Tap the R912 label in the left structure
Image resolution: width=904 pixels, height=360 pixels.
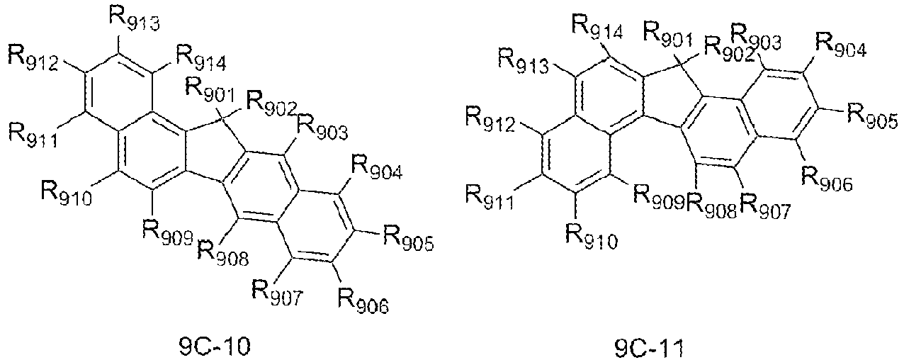(33, 59)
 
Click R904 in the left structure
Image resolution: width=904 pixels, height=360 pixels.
(377, 167)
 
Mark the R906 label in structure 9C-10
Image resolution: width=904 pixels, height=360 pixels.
(363, 300)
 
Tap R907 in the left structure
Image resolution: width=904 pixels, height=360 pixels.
(277, 292)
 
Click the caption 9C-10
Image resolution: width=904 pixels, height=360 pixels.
(215, 347)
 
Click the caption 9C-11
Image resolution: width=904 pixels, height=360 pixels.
(649, 349)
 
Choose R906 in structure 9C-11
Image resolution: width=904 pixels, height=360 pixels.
(827, 178)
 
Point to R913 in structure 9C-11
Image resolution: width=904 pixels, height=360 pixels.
(524, 61)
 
